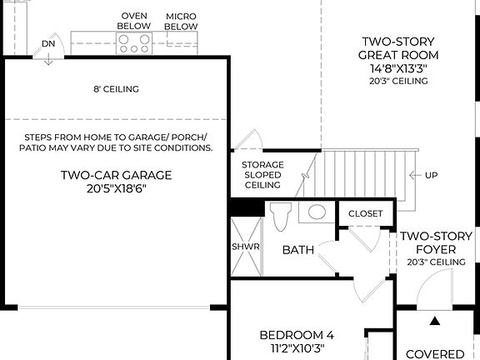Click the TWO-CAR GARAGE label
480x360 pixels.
point(116,175)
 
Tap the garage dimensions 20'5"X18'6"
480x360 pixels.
point(116,190)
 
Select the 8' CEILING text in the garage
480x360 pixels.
point(116,89)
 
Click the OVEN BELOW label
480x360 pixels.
point(134,21)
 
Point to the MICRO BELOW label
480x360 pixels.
point(181,21)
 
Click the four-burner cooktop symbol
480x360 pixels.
point(134,43)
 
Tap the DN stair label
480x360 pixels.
point(48,43)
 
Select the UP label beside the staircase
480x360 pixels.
point(431,176)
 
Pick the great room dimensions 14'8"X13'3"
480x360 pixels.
point(398,68)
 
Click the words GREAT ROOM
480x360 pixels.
point(398,55)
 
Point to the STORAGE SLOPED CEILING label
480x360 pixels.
point(262,175)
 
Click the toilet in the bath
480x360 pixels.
point(281,216)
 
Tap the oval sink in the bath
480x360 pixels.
point(317,212)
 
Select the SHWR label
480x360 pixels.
point(245,247)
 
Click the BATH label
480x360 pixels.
point(297,250)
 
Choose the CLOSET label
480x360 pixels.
point(366,214)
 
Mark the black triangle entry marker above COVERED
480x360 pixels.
point(434,320)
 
